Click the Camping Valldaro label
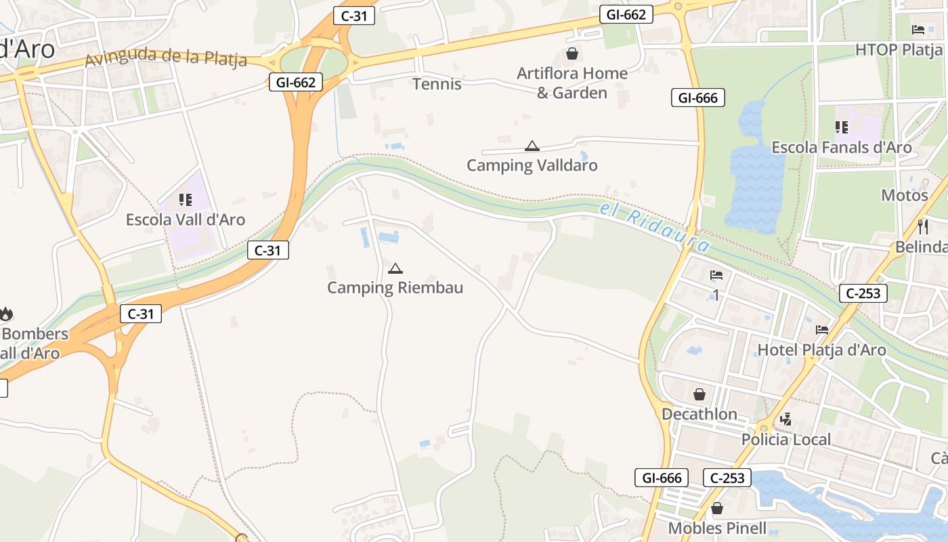(x=532, y=165)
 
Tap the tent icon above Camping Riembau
(x=395, y=269)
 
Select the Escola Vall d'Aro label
(x=186, y=220)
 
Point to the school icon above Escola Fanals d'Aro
(x=842, y=127)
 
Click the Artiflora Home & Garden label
(x=572, y=83)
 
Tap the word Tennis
(x=437, y=84)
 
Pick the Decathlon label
(x=699, y=414)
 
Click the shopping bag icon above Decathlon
(x=699, y=394)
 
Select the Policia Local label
(x=785, y=440)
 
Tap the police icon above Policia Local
(x=785, y=419)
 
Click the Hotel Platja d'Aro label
(x=821, y=350)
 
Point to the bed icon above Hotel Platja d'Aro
(x=822, y=330)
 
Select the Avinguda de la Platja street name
(x=166, y=58)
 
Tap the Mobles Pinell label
(x=717, y=528)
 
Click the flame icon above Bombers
(x=6, y=314)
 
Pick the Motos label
(x=904, y=195)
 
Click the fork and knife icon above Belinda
(x=922, y=226)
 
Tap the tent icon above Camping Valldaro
(x=532, y=146)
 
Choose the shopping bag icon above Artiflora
(x=572, y=54)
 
